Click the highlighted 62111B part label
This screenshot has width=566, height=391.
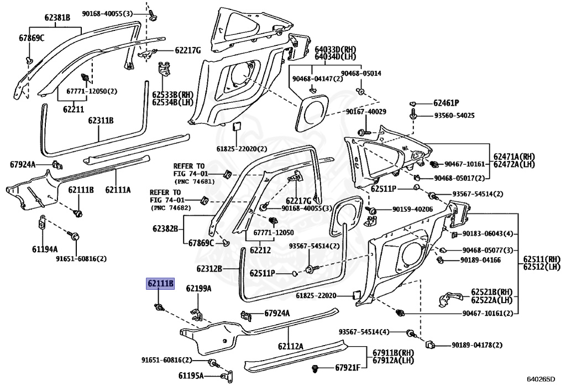(x=160, y=284)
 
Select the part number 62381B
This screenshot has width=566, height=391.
(x=57, y=17)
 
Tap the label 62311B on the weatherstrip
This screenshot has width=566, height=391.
(x=101, y=120)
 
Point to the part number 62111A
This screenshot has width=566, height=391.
(x=118, y=190)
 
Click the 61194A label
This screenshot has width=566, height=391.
(x=45, y=249)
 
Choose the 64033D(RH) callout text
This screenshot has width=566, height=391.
(x=336, y=49)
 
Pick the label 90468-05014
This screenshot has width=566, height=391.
(x=361, y=74)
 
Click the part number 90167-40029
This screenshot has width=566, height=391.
(x=366, y=112)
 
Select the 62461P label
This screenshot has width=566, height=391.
(x=446, y=103)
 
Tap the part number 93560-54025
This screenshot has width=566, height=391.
(x=454, y=116)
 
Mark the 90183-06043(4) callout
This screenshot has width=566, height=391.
(x=488, y=234)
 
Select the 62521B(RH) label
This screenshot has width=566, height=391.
(x=491, y=291)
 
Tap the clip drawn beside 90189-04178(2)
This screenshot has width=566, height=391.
(x=429, y=345)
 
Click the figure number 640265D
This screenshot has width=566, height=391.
(x=541, y=379)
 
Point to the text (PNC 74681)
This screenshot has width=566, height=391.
(x=195, y=181)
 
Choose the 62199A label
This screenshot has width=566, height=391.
(x=198, y=289)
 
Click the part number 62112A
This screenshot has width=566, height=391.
(x=291, y=347)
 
